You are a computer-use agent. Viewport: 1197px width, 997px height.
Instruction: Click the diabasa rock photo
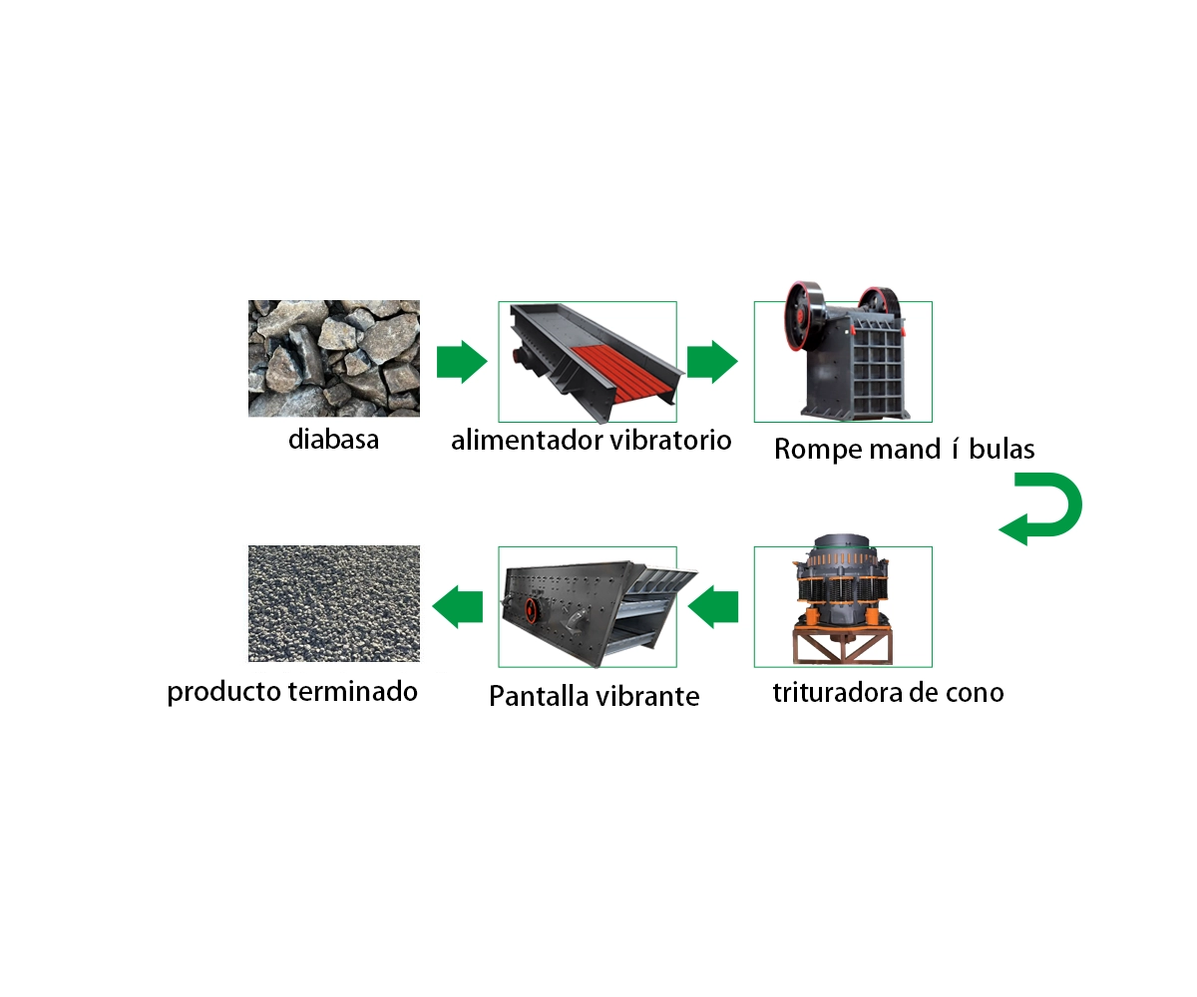(333, 358)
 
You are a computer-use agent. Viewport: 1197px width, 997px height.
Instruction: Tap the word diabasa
(333, 440)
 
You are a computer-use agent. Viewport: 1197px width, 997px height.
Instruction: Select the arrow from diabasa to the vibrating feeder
(462, 362)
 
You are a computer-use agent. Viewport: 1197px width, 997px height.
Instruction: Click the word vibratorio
(670, 441)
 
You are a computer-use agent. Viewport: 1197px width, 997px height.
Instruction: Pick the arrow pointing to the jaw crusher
(712, 362)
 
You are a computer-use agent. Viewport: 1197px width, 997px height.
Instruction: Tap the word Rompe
(818, 450)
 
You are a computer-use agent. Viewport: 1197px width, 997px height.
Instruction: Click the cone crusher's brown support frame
(843, 646)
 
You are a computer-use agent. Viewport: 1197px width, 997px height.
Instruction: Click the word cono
(975, 693)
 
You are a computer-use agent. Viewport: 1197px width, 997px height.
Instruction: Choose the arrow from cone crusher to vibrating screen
(712, 607)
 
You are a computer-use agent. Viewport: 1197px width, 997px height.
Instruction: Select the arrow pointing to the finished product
(458, 607)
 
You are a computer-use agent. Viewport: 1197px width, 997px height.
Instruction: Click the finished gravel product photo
(333, 603)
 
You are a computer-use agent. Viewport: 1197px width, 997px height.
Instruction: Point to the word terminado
(352, 692)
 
